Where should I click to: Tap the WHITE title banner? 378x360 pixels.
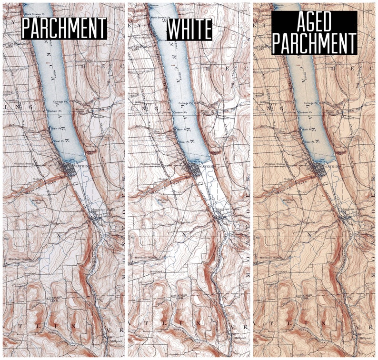(x=189, y=29)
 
